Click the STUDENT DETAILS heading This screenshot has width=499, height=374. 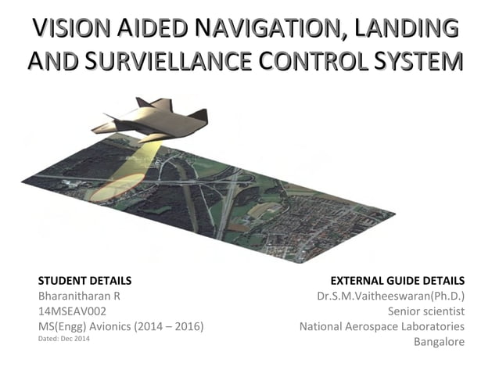pos(84,280)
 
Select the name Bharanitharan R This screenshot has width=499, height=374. pos(78,296)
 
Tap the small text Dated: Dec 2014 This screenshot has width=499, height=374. pos(63,339)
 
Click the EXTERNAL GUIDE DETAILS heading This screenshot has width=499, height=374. pos(398,280)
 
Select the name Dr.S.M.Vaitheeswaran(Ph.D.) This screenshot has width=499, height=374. pos(390,296)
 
